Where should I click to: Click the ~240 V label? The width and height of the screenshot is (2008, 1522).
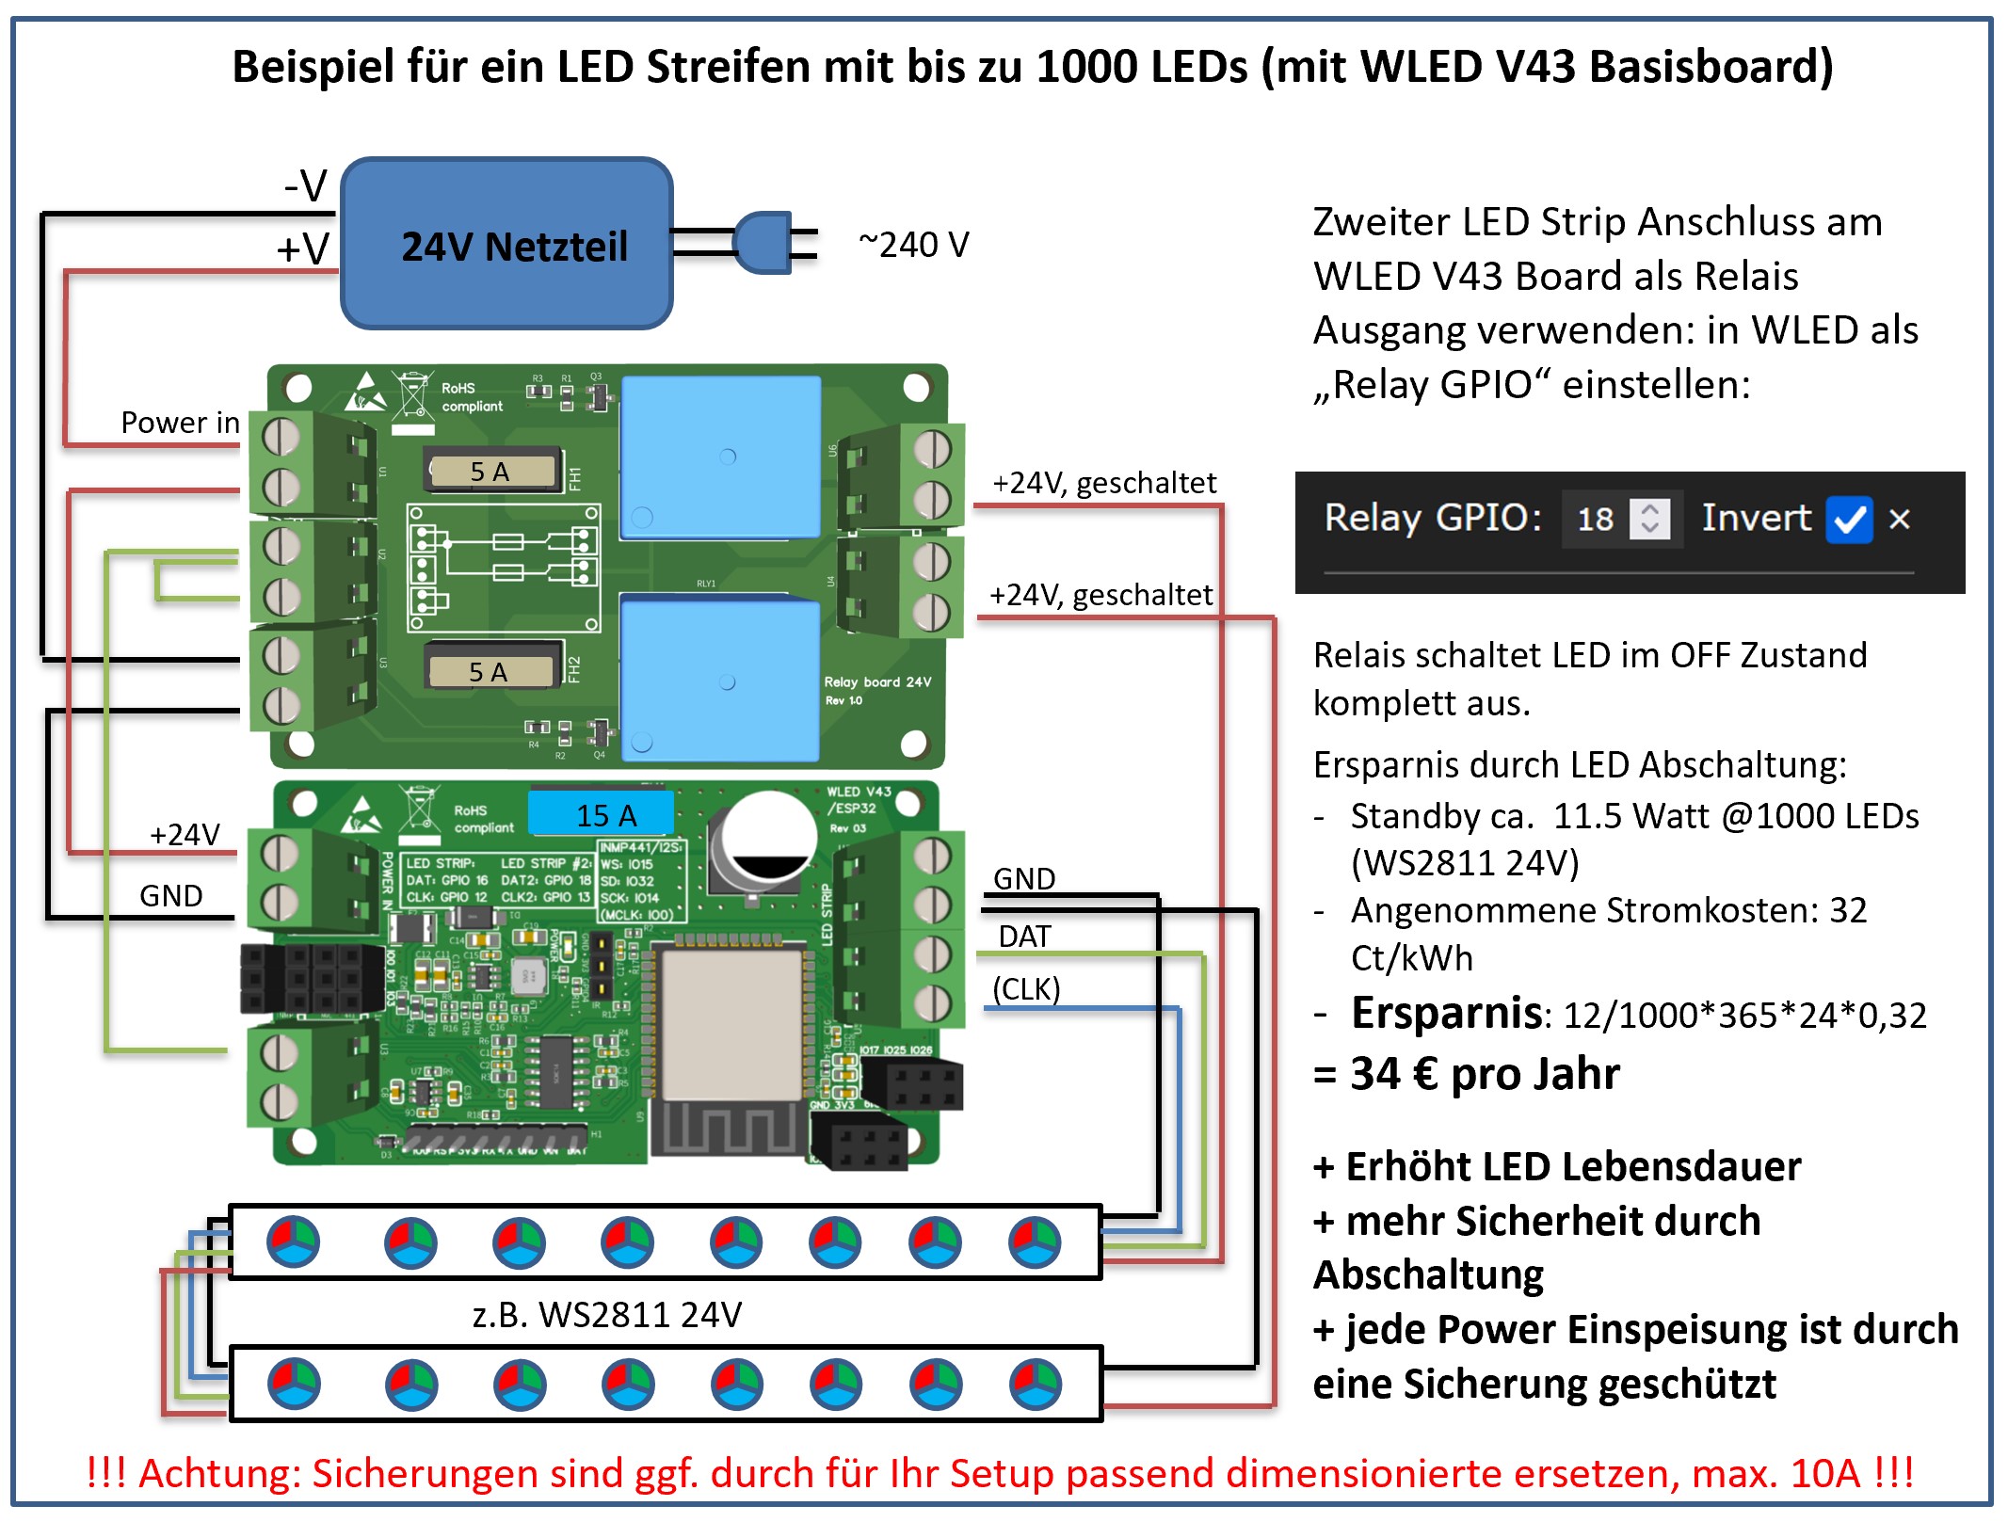tap(913, 245)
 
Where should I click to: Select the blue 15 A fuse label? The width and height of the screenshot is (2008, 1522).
tap(602, 814)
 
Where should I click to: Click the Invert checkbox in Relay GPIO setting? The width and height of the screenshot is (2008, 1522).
tap(1848, 519)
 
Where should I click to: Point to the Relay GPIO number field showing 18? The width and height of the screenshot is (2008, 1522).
tap(1597, 519)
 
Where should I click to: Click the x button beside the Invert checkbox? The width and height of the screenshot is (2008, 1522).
tap(1900, 519)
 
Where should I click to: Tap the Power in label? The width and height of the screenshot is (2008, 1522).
tap(180, 423)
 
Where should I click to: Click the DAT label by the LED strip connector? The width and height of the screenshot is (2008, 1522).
tap(1024, 937)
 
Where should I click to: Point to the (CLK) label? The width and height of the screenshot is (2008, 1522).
tap(1026, 989)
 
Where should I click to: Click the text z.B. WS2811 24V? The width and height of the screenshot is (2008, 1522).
tap(607, 1314)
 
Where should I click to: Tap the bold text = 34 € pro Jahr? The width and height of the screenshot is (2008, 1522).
tap(1467, 1074)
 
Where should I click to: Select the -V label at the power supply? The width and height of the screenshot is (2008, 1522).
tap(306, 185)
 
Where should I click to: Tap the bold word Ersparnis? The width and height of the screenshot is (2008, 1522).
tap(1446, 1014)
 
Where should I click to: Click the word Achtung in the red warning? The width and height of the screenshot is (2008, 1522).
tap(212, 1473)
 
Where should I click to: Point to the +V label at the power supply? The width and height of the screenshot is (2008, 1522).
tap(303, 249)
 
